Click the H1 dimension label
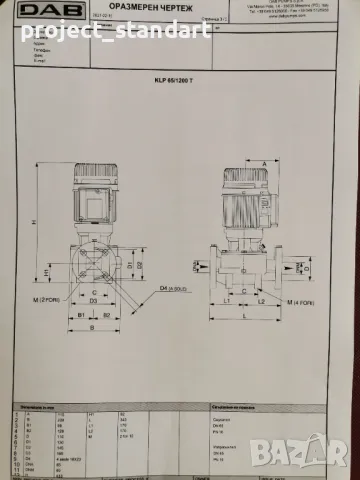tap(47, 271)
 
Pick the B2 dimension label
tap(106, 327)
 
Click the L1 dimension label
tap(229, 299)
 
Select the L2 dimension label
tap(261, 299)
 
